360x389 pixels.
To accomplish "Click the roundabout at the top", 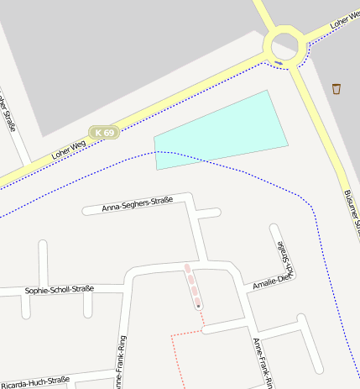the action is point(284,43).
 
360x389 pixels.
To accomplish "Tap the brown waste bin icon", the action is point(337,88).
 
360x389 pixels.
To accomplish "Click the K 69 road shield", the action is point(105,133).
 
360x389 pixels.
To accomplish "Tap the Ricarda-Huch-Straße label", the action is point(35,381).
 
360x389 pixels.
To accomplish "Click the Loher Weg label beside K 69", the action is point(69,150).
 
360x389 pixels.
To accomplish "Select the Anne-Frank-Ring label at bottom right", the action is point(263,362).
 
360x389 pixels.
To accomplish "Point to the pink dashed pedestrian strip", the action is point(192,283).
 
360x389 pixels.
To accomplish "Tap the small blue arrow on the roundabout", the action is point(278,61).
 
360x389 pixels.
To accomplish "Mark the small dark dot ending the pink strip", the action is point(199,307).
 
